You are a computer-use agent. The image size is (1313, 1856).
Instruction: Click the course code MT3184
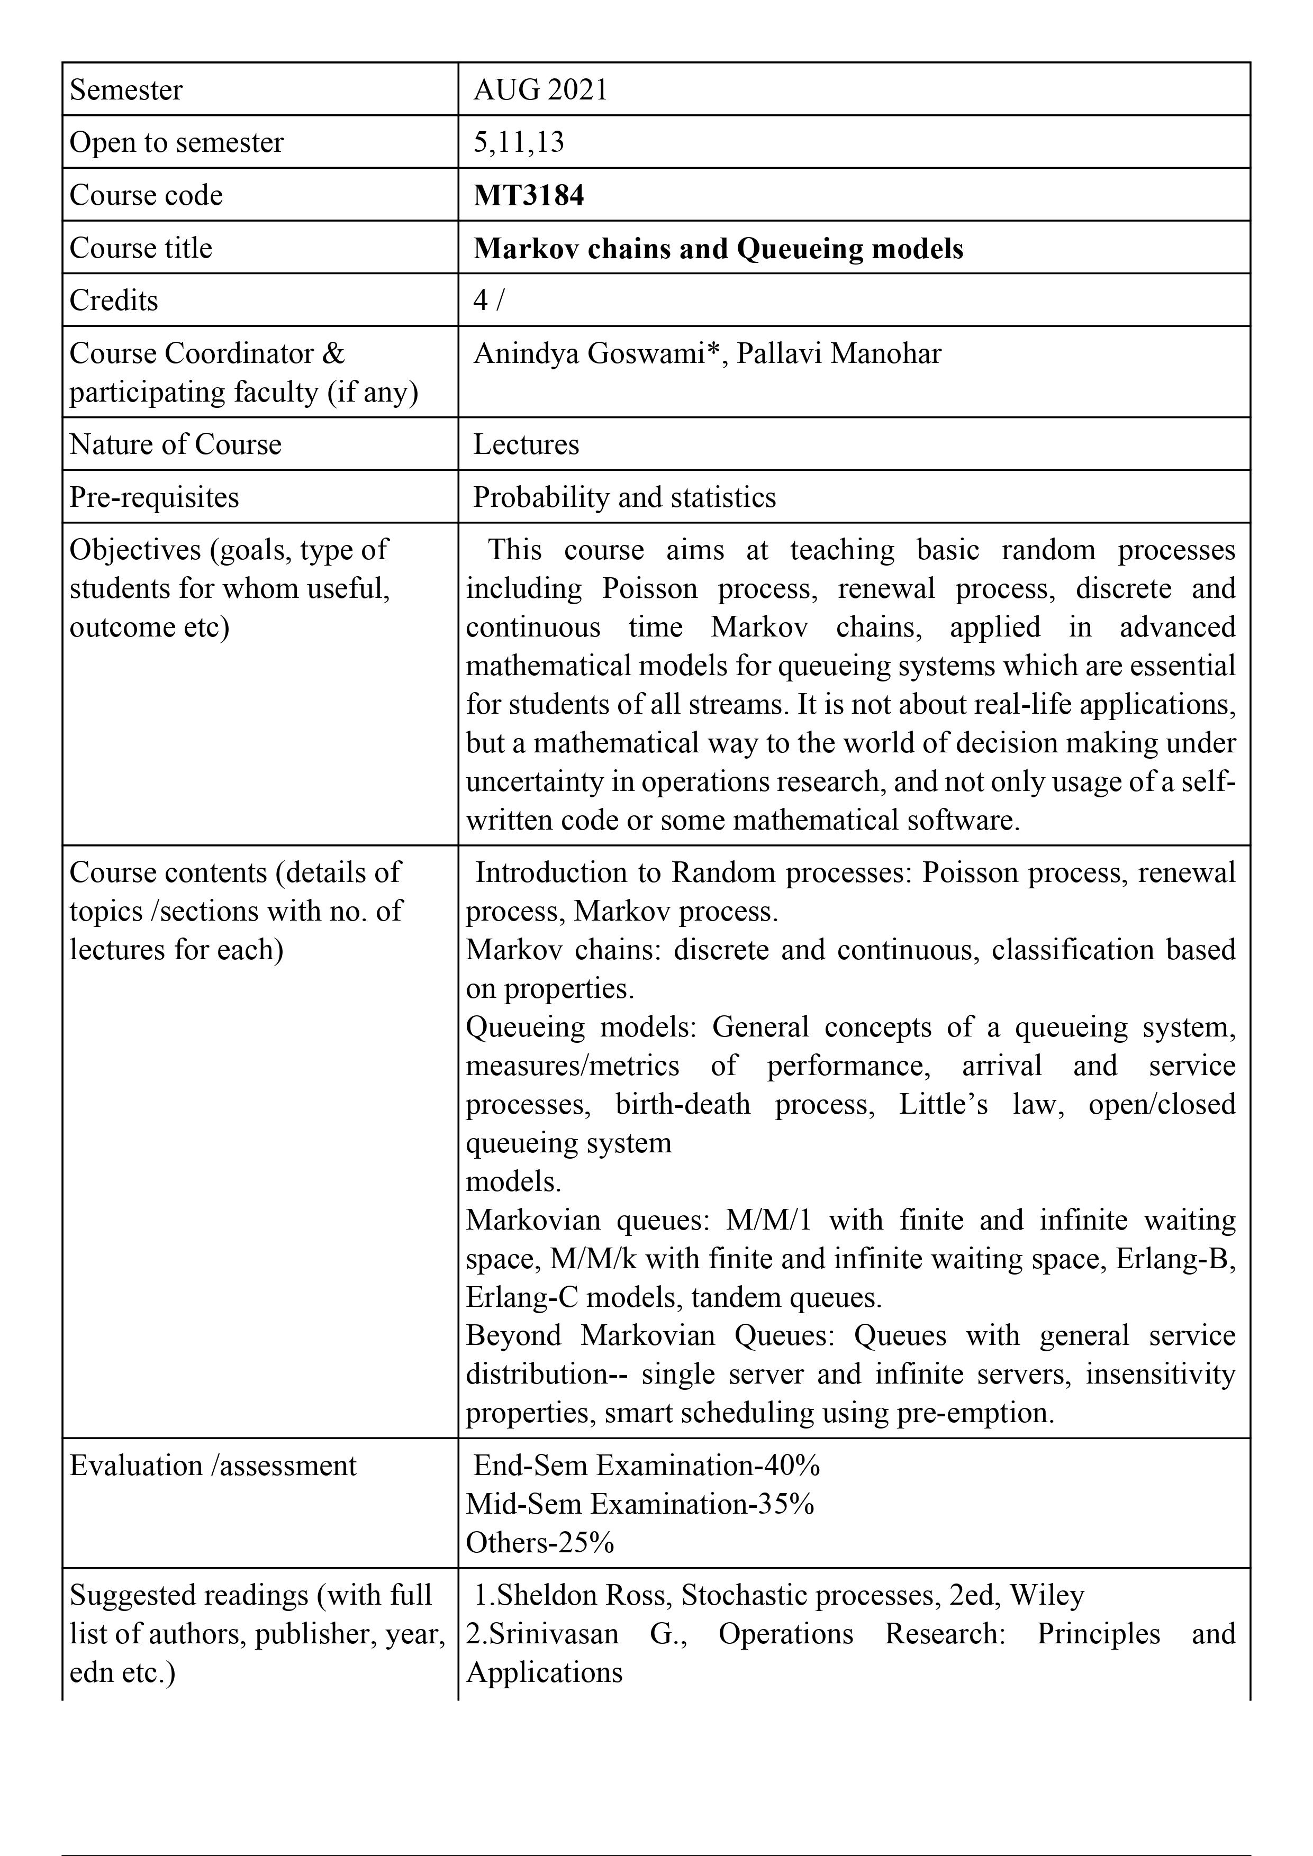coord(528,196)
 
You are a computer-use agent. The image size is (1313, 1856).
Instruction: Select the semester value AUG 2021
coord(540,90)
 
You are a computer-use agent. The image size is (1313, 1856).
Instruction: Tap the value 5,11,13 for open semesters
coord(518,142)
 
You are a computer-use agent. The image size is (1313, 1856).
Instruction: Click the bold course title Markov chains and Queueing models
coord(718,248)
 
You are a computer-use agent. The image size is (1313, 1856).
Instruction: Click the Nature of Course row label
coord(176,444)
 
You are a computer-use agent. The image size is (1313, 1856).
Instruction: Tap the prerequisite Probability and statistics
coord(624,497)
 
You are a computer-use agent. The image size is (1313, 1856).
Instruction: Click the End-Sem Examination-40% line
coord(646,1466)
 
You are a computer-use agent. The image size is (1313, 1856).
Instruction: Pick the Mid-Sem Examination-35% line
coord(639,1504)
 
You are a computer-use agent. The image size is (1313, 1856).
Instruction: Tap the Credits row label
coord(114,301)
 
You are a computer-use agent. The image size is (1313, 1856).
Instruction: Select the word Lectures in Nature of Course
coord(527,444)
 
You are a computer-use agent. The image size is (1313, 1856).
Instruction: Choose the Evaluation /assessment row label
coord(213,1466)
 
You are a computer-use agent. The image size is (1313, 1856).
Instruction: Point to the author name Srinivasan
coord(553,1634)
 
